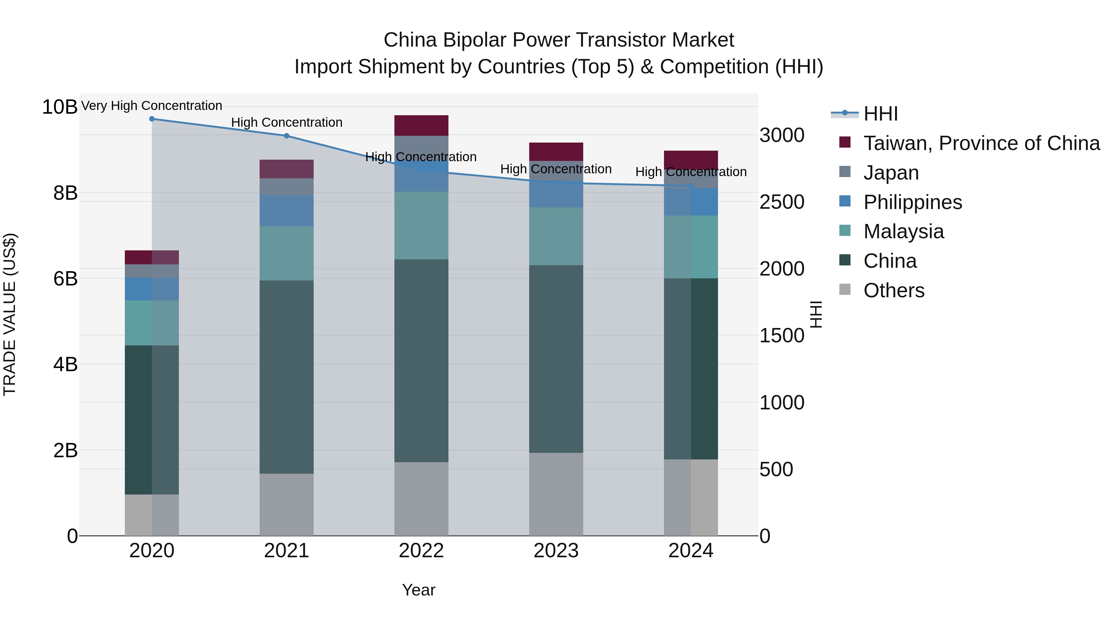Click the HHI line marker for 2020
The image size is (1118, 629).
pos(152,119)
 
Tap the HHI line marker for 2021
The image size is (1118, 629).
pos(286,136)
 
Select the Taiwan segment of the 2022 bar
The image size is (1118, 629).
pos(421,125)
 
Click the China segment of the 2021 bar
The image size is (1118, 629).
pos(286,377)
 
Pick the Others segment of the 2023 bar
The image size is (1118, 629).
pos(556,494)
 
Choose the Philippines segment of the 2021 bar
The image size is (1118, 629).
pos(286,211)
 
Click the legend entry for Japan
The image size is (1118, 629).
pos(891,173)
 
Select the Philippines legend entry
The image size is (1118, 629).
pos(912,202)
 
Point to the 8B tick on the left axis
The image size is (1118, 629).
pos(65,193)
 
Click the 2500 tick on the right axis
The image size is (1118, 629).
pos(782,202)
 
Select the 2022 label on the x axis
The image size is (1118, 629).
pos(421,551)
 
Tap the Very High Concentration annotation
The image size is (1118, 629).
pos(152,106)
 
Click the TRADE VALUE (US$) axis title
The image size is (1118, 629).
pos(10,314)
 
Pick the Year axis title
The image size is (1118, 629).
pos(418,590)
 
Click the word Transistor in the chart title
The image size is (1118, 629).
pos(616,40)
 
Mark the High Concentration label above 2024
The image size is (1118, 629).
pos(691,172)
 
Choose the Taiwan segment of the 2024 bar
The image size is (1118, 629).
pos(691,160)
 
